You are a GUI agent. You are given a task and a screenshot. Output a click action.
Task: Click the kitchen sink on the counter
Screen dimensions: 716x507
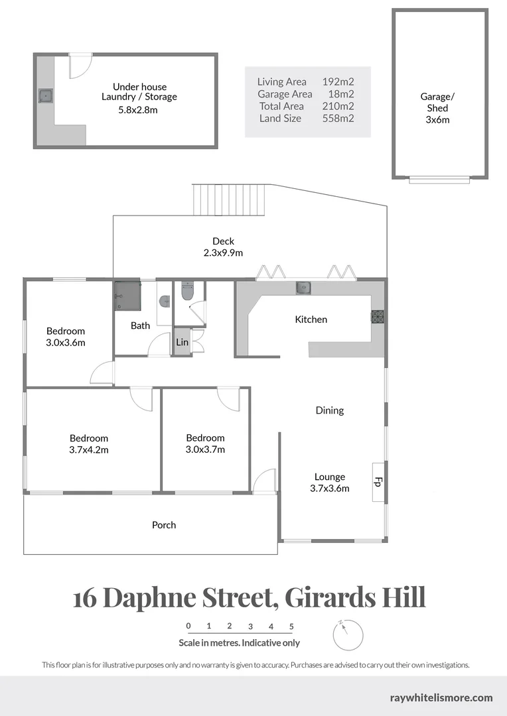tap(303, 288)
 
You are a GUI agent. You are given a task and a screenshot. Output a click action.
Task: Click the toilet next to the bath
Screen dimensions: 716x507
tap(187, 291)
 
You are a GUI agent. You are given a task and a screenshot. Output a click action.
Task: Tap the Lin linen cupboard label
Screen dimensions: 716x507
tap(182, 343)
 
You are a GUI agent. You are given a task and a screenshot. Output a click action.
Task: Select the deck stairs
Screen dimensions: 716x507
tap(229, 200)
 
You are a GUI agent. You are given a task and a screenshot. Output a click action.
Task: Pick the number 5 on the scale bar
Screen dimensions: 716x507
tap(291, 626)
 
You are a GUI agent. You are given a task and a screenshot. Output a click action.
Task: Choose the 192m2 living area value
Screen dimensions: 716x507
tap(338, 82)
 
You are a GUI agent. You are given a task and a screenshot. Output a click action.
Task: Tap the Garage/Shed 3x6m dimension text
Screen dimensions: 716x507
tap(437, 120)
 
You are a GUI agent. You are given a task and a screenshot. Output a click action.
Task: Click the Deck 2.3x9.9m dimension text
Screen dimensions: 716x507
tap(223, 253)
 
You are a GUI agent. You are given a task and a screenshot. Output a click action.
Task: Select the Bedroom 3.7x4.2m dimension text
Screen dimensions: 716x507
tap(89, 449)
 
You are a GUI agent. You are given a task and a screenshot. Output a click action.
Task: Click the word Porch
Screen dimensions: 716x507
tap(164, 525)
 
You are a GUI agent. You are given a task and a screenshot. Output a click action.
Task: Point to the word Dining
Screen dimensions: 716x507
tap(329, 410)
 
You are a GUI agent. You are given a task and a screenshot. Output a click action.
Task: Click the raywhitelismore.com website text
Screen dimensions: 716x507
tap(441, 697)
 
